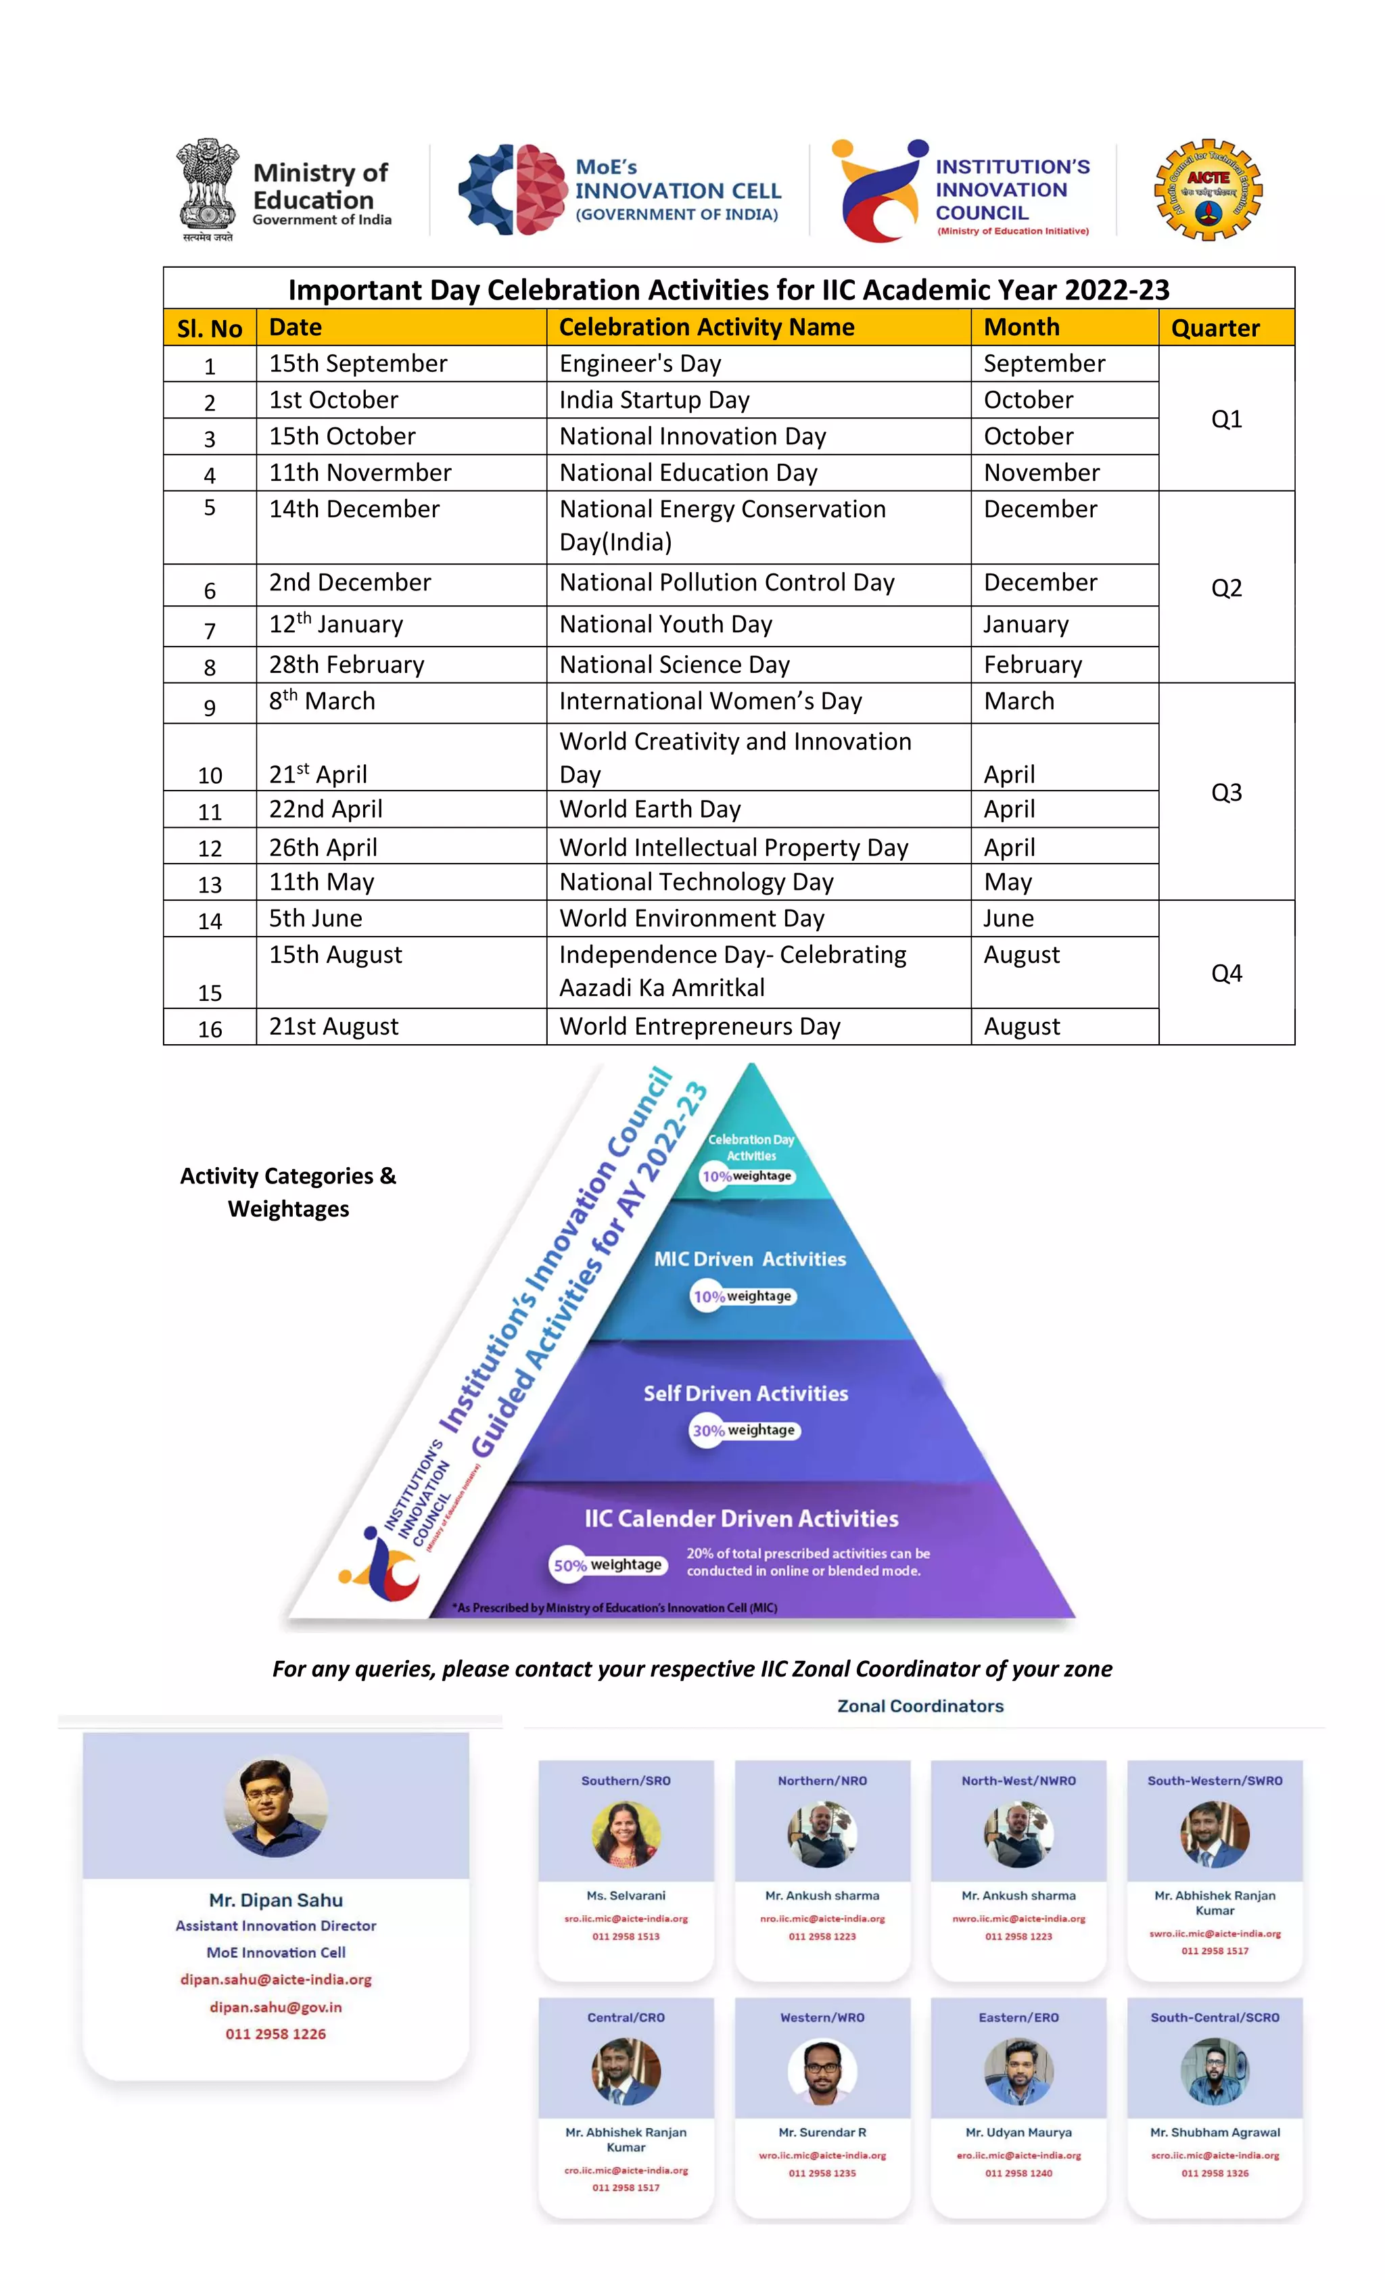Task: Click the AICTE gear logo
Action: point(1207,191)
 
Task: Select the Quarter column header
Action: point(1215,328)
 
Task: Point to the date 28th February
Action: point(346,665)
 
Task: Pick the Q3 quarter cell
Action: point(1226,793)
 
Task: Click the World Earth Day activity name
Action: point(650,809)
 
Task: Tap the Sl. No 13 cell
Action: point(210,884)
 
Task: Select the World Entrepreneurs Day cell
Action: point(700,1027)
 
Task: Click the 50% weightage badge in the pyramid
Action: point(607,1564)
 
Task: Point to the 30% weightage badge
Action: point(743,1430)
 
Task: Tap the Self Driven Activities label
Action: point(745,1393)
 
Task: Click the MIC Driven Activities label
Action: point(750,1259)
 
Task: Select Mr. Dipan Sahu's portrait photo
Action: point(276,1807)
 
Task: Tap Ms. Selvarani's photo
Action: point(626,1834)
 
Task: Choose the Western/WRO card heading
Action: point(822,2017)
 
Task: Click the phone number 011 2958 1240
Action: point(1018,2173)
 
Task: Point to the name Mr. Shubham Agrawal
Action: point(1215,2132)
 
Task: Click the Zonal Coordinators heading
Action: point(920,1706)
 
